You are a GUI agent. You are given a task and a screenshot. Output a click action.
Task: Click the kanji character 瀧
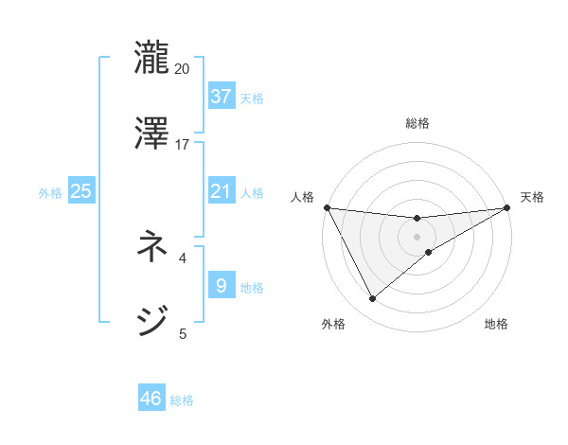coord(151,56)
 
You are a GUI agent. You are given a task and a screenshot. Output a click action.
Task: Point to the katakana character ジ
coord(151,322)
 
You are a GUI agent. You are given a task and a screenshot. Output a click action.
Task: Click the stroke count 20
coord(183,68)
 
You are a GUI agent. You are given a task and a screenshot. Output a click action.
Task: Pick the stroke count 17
coord(183,144)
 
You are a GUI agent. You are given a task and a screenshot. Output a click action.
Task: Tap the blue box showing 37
coord(221,96)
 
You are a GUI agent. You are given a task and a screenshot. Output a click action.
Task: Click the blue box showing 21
coord(221,191)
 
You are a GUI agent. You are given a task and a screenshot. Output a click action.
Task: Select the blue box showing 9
coord(221,285)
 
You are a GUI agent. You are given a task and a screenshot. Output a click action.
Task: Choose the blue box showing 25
coord(80,191)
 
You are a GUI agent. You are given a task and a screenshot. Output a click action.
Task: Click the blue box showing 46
coord(151,399)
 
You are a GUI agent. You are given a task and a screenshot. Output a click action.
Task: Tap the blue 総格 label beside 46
coord(182,400)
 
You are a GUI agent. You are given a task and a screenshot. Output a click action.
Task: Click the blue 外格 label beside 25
coord(50,192)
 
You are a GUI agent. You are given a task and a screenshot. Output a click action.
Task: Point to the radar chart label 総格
coord(417,123)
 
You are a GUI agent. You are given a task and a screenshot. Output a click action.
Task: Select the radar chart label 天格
coord(533,197)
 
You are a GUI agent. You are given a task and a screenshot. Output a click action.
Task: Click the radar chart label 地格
coord(496,324)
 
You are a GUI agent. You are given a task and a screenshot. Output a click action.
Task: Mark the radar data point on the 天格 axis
coord(508,207)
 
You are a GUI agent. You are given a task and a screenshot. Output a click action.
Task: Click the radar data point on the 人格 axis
coord(327,207)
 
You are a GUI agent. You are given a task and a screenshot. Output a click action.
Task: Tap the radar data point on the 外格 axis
coord(372,299)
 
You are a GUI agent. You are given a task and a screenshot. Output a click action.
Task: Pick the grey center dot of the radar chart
coord(417,237)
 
